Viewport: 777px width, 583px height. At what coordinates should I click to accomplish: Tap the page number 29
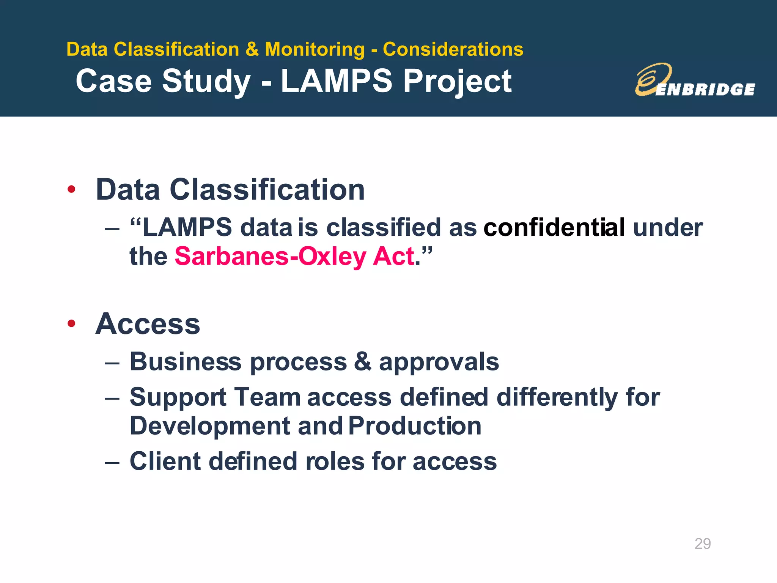pos(702,544)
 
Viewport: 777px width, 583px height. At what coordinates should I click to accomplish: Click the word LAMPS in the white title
pos(336,81)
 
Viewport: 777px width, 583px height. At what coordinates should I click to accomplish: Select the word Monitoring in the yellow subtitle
pos(315,49)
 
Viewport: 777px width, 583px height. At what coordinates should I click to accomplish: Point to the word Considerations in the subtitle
pos(453,49)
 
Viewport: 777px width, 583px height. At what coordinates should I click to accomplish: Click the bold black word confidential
pos(554,228)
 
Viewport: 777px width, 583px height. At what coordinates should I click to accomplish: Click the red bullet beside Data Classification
pos(71,189)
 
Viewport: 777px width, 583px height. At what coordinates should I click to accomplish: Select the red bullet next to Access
pos(71,323)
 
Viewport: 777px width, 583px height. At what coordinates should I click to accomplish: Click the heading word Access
pos(148,324)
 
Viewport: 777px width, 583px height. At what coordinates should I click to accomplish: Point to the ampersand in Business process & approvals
pos(362,361)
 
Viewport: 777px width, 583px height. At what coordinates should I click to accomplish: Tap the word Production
pos(415,426)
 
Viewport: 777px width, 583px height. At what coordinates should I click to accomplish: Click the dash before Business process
pos(112,363)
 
